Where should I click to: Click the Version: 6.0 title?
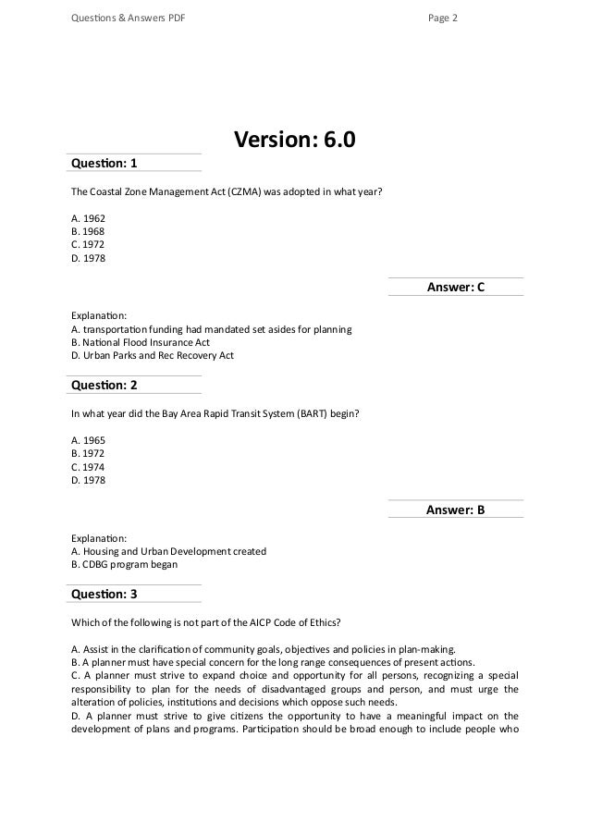(x=294, y=140)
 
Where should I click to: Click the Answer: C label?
(x=455, y=288)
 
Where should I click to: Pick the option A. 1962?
(x=89, y=218)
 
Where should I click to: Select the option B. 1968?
(x=89, y=232)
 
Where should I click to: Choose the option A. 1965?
(x=89, y=439)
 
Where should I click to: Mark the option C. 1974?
(x=89, y=467)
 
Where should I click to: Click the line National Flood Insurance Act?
(x=147, y=341)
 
